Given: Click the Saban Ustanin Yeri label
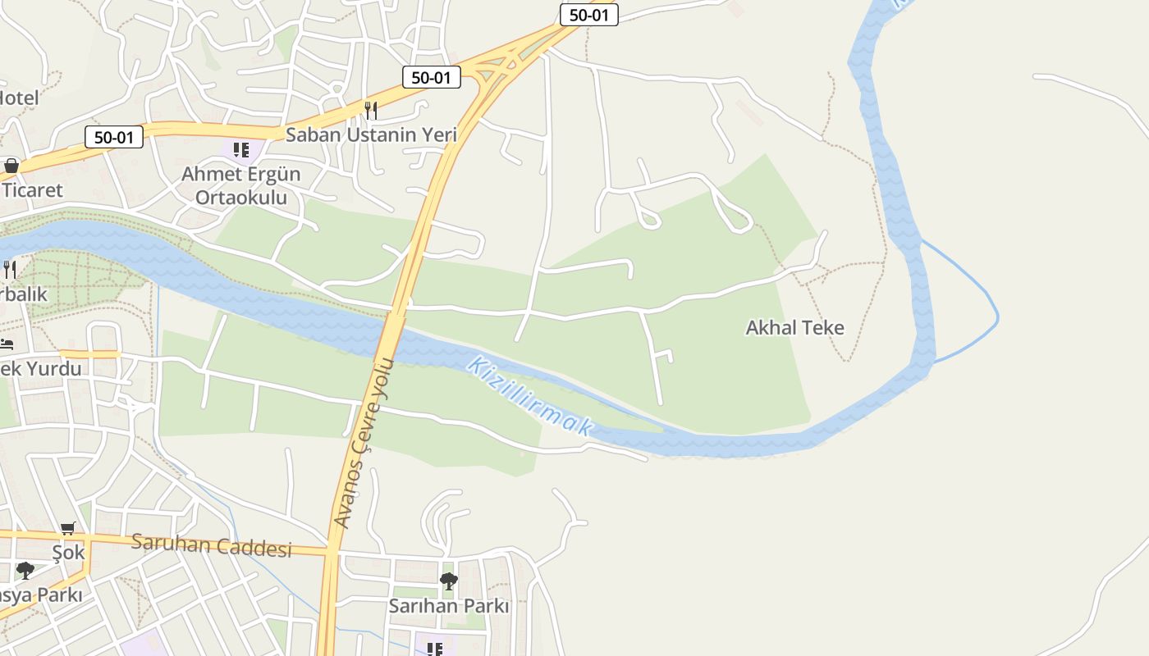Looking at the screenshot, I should pyautogui.click(x=371, y=134).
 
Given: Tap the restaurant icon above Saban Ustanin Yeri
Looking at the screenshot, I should pyautogui.click(x=371, y=109).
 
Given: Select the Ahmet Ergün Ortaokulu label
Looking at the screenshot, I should pyautogui.click(x=240, y=186).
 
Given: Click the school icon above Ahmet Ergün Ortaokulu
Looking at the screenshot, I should pyautogui.click(x=240, y=149).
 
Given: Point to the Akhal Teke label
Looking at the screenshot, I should pyautogui.click(x=794, y=328).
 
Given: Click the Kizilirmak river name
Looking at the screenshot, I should pyautogui.click(x=529, y=395).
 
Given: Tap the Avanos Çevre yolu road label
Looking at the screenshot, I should pyautogui.click(x=365, y=443).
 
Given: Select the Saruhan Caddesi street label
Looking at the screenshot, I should pyautogui.click(x=212, y=545).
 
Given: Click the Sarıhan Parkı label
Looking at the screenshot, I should pyautogui.click(x=449, y=607).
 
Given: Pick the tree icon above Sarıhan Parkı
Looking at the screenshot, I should pyautogui.click(x=448, y=581).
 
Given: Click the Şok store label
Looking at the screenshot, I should pyautogui.click(x=68, y=553).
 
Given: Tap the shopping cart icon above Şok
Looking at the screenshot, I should pyautogui.click(x=68, y=529).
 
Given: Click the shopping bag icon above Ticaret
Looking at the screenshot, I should pyautogui.click(x=11, y=166).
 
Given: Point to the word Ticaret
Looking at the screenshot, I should pyautogui.click(x=32, y=190).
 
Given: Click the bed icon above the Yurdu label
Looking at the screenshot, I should pyautogui.click(x=7, y=344).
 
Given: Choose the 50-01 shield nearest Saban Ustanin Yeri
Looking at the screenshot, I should pyautogui.click(x=431, y=78).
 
